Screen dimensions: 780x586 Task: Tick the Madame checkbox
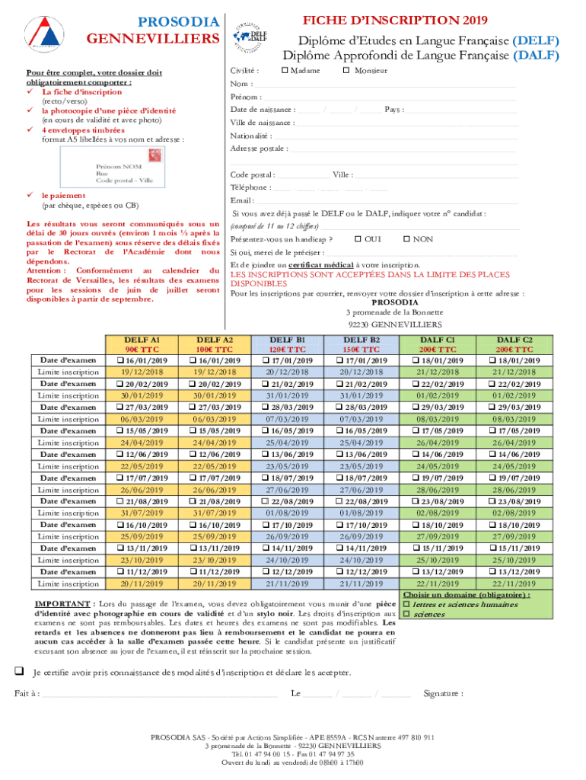pos(284,71)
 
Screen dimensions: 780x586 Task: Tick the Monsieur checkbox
pos(346,71)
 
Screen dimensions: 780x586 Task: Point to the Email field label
pos(240,200)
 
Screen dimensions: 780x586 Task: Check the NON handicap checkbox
pos(406,239)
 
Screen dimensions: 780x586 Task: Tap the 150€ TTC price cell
pos(363,350)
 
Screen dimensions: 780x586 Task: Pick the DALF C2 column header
pos(515,340)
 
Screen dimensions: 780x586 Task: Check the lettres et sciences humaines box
pos(406,604)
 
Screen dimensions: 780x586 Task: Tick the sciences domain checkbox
pos(406,614)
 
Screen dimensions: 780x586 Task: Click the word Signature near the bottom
pos(442,694)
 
